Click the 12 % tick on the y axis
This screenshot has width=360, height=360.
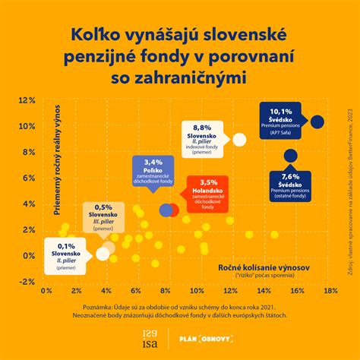point(27,100)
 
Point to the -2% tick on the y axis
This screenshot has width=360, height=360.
point(27,281)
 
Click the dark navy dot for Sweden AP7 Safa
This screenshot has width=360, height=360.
point(317,122)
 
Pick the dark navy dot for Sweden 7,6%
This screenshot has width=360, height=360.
point(289,156)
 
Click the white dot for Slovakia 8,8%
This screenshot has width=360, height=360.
point(239,139)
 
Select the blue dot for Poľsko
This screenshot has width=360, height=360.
point(165,210)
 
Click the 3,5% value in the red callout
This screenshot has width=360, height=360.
point(216,182)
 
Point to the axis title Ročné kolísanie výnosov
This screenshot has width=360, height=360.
point(261,269)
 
